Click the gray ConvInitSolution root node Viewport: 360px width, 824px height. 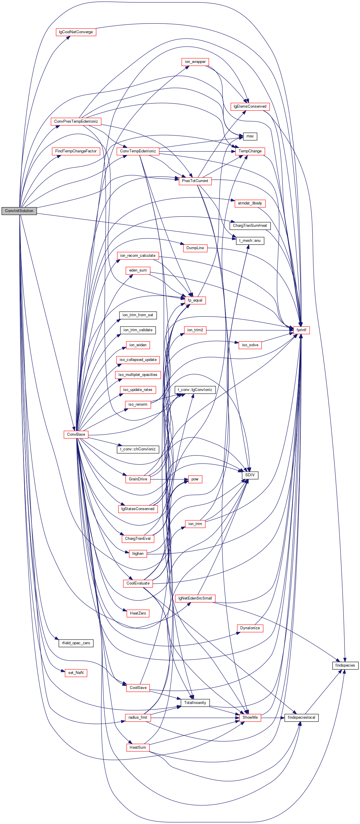click(19, 211)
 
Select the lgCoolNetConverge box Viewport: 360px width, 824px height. click(76, 32)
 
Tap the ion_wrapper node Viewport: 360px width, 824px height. click(195, 62)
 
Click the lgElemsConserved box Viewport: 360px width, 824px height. click(250, 106)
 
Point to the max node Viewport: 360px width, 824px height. click(250, 136)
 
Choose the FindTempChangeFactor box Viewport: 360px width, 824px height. click(76, 151)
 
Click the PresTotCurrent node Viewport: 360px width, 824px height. click(195, 181)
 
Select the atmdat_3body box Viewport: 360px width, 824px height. click(250, 203)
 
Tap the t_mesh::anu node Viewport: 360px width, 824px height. click(250, 241)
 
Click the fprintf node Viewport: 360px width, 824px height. click(301, 330)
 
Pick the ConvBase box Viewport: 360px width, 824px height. click(76, 435)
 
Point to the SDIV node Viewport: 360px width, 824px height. click(250, 475)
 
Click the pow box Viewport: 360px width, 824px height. click(195, 479)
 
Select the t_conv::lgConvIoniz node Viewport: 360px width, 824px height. click(195, 389)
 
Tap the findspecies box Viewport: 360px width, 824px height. click(345, 665)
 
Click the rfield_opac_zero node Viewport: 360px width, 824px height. click(76, 643)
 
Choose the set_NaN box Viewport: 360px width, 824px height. click(76, 673)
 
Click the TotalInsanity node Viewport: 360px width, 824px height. click(195, 703)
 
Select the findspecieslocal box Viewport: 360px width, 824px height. click(301, 718)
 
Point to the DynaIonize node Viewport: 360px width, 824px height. click(250, 628)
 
